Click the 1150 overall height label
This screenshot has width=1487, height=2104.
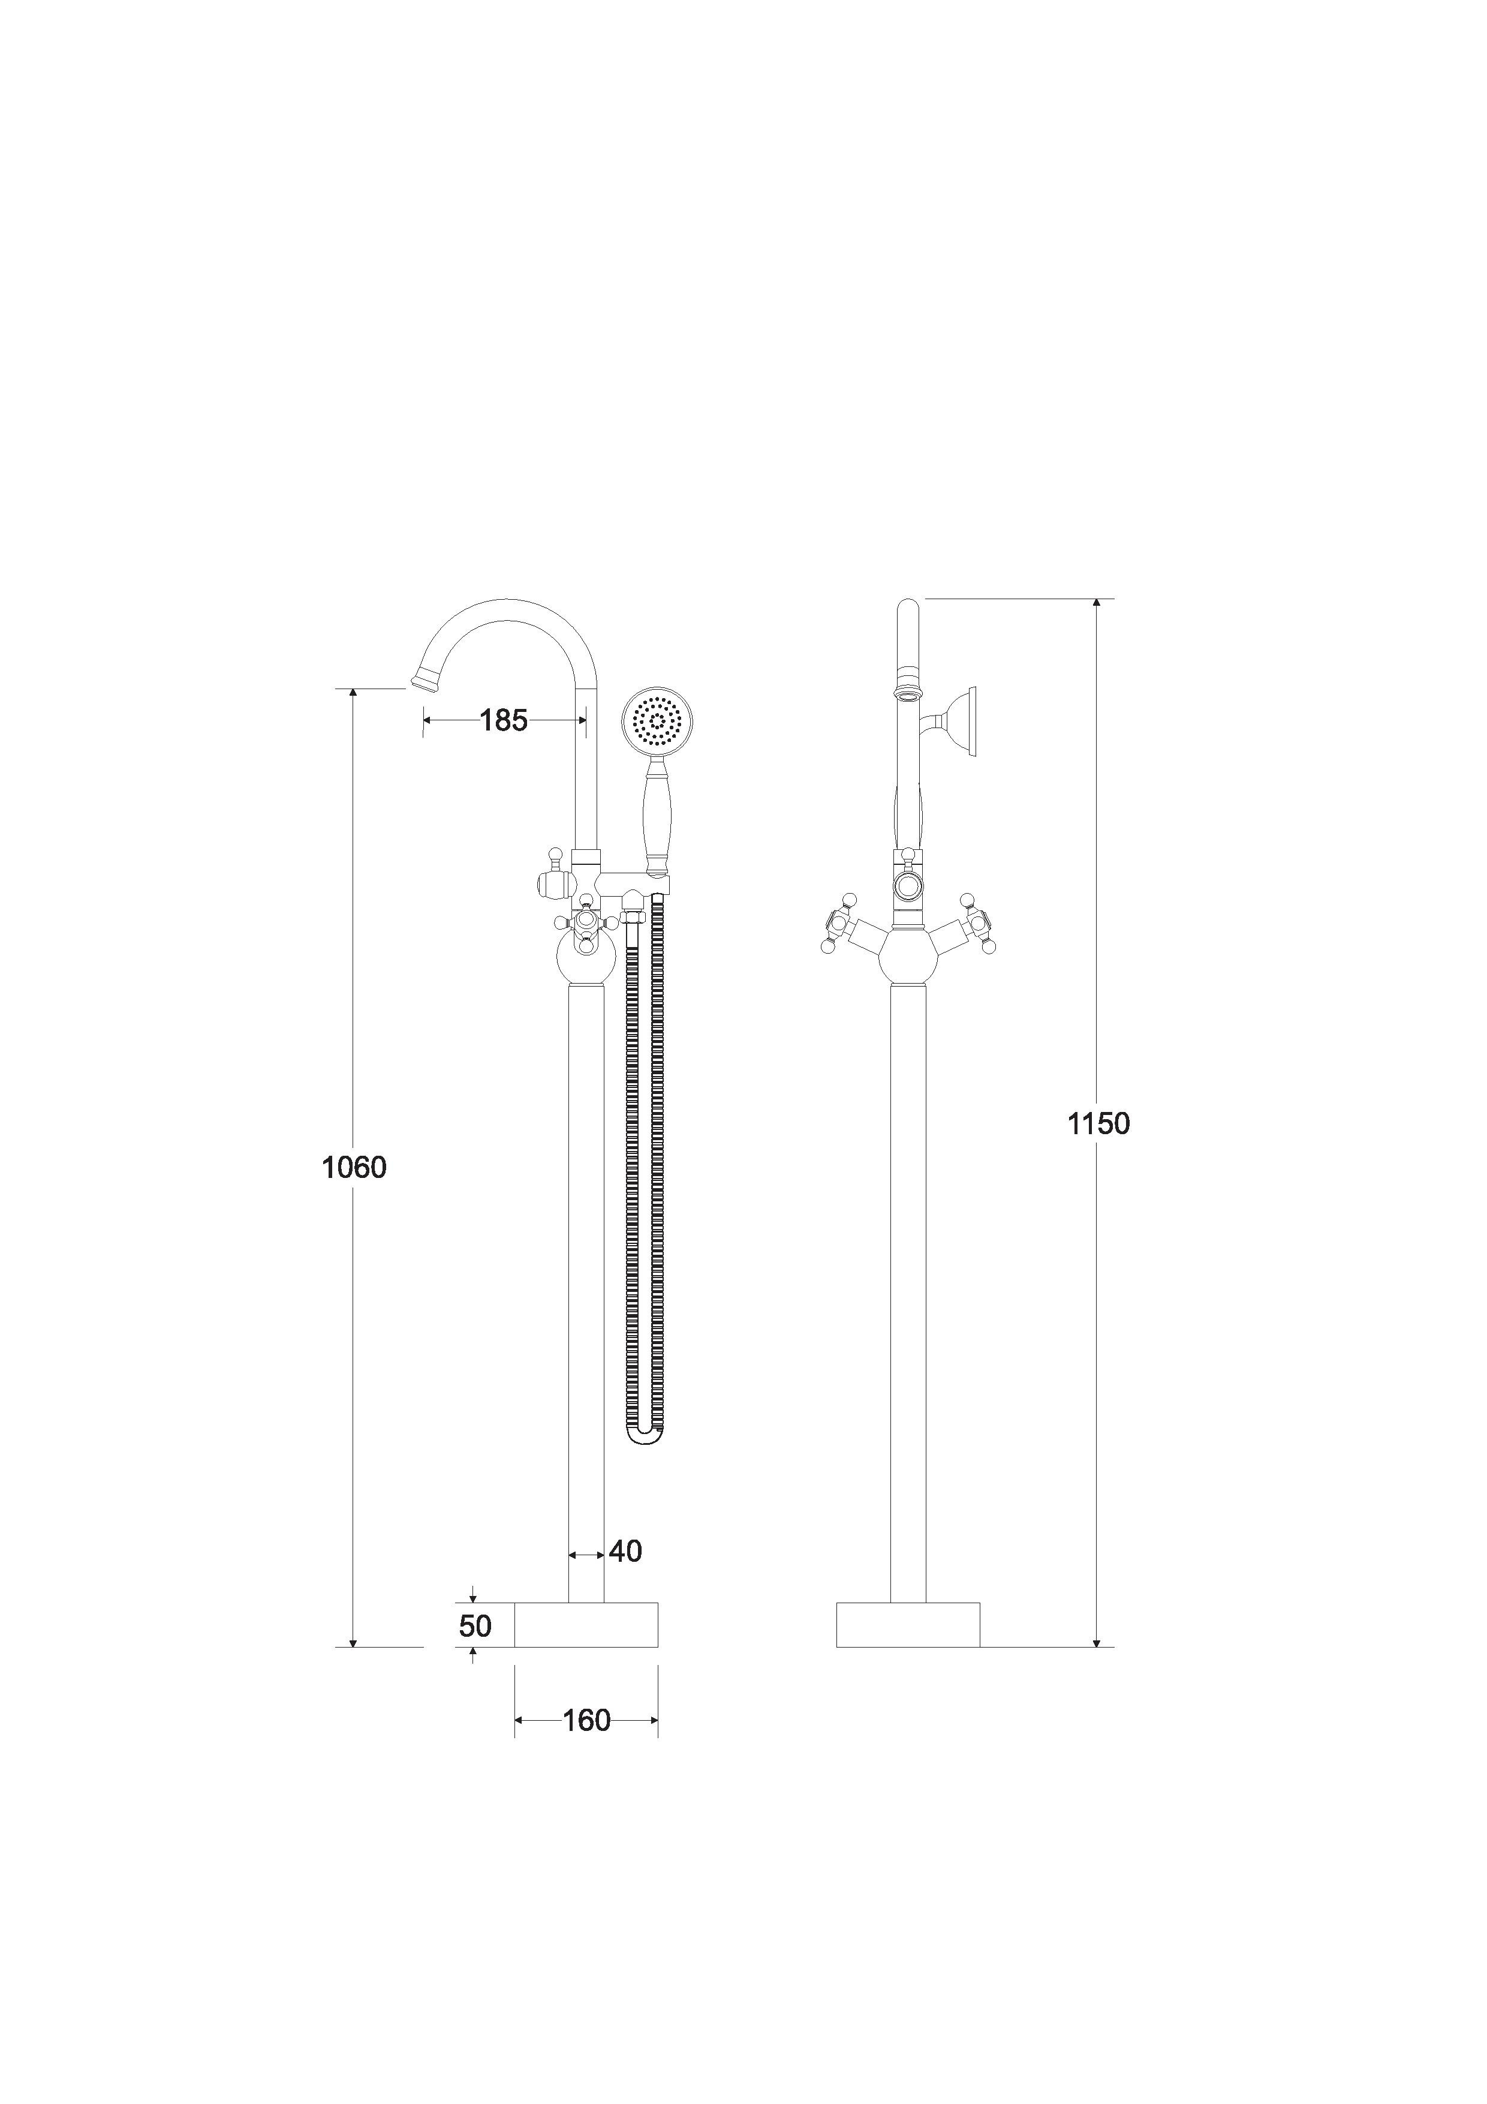click(x=1098, y=1123)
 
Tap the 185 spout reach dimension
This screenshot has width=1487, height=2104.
click(x=504, y=720)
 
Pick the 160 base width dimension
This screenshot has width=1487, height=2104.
click(x=586, y=1720)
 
